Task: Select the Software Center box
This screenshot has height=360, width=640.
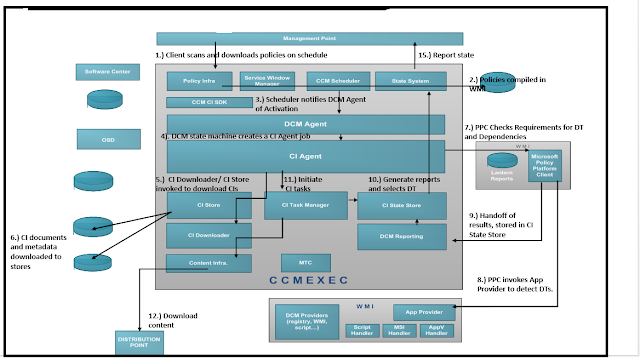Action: coord(105,72)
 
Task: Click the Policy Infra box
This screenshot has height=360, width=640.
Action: coord(200,79)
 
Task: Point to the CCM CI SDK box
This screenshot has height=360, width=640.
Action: coord(209,102)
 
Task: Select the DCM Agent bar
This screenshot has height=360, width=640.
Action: coord(305,123)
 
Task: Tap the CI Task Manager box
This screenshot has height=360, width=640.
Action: coord(298,205)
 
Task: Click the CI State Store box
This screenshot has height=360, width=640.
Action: coord(401,206)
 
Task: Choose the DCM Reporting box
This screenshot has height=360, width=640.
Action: coord(401,236)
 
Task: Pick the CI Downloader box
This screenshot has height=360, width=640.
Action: coord(209,236)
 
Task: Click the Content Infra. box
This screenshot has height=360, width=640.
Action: coord(209,264)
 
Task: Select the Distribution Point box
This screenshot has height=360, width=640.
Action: coord(140,341)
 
